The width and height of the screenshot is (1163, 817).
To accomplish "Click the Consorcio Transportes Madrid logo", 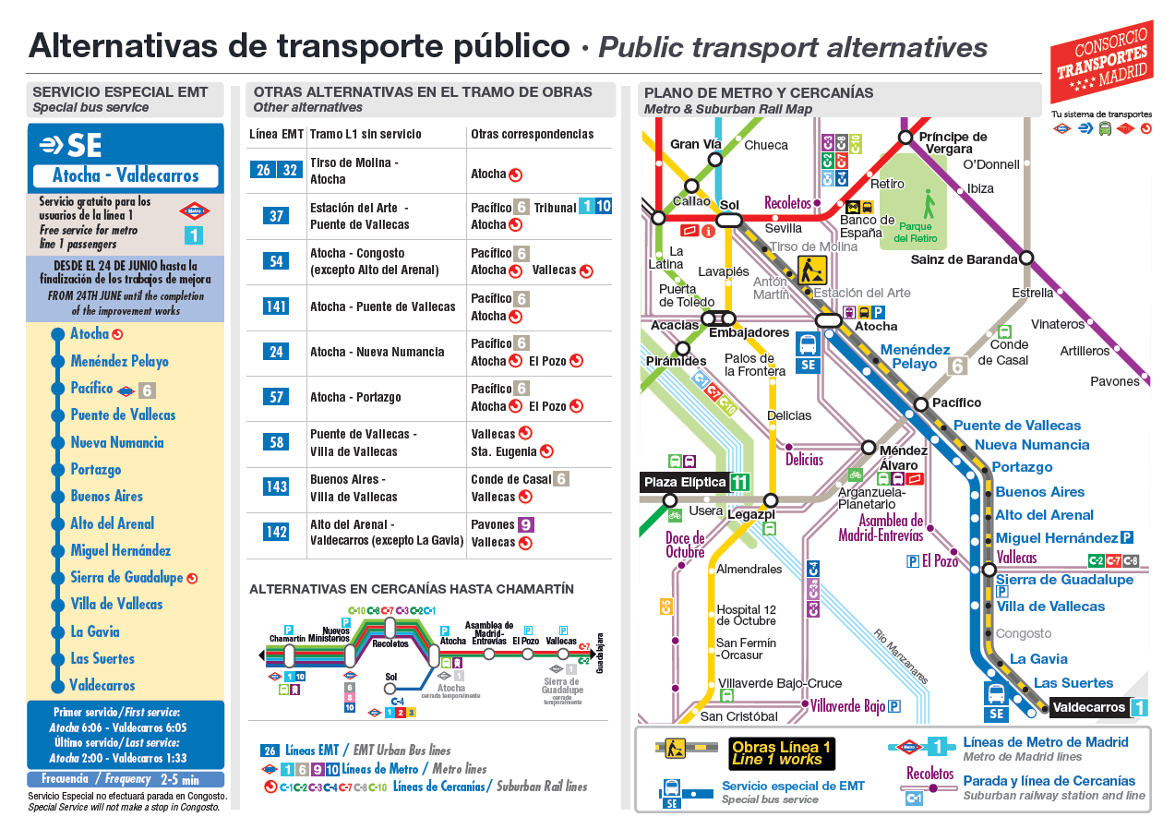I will click(1100, 62).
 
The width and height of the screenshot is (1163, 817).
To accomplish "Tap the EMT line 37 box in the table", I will click(276, 216).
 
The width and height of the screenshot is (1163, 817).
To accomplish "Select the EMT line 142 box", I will click(276, 533).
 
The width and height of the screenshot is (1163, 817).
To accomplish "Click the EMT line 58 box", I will click(276, 442).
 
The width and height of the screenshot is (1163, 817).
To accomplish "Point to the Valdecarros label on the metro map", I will click(1089, 708).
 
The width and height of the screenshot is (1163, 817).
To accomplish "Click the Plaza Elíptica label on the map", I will click(685, 482).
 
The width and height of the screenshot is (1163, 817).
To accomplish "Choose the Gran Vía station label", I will click(696, 144).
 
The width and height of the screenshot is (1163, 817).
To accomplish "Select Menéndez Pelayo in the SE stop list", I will click(119, 361).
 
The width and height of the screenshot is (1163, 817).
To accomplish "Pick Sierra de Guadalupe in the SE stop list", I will click(126, 578).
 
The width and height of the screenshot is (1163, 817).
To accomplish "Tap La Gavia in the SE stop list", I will click(95, 631).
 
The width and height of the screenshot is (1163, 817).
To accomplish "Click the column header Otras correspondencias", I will click(532, 135).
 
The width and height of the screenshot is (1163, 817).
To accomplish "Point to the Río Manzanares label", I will click(900, 656).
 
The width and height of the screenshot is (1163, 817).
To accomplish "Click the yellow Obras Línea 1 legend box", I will click(780, 753).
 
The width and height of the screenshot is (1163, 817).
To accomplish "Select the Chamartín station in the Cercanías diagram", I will click(288, 655).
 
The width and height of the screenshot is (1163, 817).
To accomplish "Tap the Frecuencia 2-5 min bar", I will click(126, 779).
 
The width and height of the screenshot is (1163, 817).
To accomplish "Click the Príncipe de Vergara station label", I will click(953, 142).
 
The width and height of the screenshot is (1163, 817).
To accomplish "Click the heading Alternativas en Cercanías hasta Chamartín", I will click(412, 589).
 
